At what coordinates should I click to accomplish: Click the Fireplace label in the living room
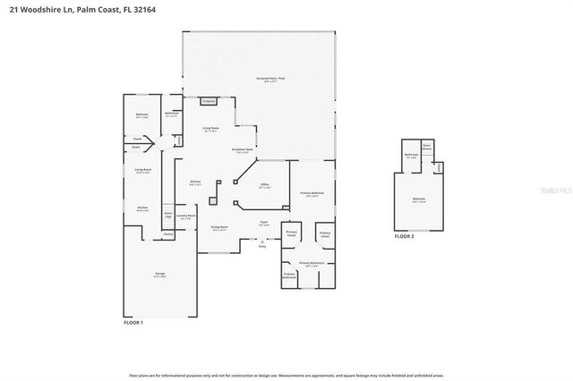[208, 102]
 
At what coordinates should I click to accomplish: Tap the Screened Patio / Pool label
[270, 80]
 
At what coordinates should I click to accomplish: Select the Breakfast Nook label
[243, 150]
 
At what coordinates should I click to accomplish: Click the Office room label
[265, 186]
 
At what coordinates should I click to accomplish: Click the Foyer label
[264, 224]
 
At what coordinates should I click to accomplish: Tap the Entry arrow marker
[262, 243]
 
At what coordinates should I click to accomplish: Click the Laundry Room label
[185, 216]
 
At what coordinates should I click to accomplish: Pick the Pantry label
[167, 234]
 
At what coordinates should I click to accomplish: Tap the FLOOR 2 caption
[405, 236]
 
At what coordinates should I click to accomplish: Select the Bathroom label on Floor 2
[412, 155]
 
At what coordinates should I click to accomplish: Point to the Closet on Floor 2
[440, 167]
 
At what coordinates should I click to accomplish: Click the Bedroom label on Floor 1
[141, 115]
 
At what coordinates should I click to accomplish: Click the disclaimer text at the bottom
[286, 376]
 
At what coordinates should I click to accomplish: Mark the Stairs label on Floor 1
[167, 215]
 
